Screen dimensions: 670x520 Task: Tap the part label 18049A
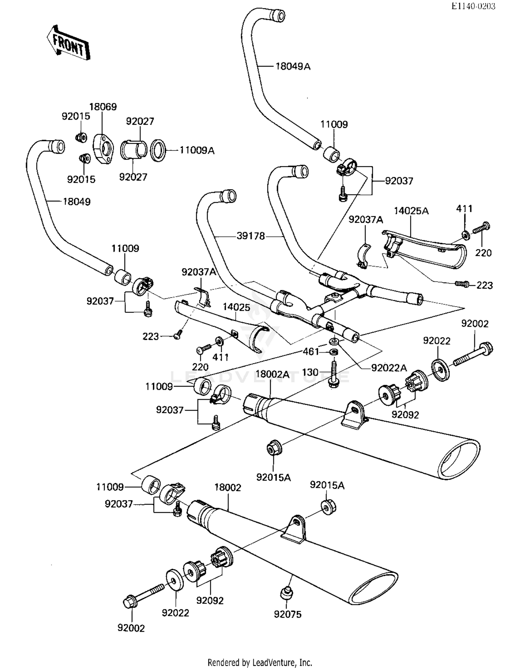(x=293, y=66)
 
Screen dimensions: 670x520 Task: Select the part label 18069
(x=103, y=106)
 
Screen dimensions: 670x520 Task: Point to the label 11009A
(x=197, y=150)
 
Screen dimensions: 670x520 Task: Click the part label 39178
(x=251, y=236)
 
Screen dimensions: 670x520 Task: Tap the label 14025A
(x=411, y=211)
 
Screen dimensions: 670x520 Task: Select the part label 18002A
(x=272, y=374)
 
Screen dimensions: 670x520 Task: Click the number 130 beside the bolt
(x=310, y=372)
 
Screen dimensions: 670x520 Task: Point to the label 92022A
(x=389, y=368)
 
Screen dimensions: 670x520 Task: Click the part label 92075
(x=287, y=614)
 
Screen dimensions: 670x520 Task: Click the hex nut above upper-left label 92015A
(x=274, y=448)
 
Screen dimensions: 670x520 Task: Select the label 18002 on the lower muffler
(x=227, y=487)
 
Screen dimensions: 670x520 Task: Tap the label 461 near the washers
(x=311, y=351)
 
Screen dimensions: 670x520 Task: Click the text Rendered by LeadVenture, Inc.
(x=260, y=662)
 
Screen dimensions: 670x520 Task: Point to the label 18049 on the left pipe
(x=77, y=201)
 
